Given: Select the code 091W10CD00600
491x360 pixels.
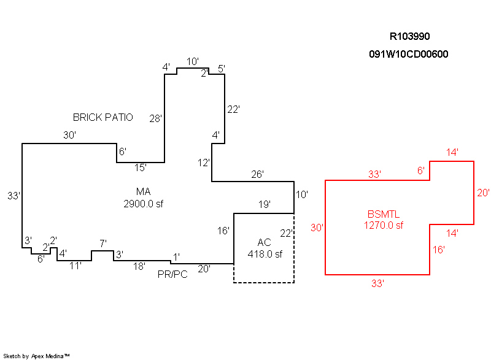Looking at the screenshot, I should click(x=409, y=54).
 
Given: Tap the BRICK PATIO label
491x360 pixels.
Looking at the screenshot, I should click(x=103, y=117).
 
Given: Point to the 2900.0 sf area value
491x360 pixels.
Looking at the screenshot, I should click(x=144, y=203).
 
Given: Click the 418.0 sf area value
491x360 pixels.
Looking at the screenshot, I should click(x=264, y=253).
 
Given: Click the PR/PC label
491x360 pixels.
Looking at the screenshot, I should click(x=172, y=274).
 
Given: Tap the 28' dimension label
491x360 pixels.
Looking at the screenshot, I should click(x=156, y=119).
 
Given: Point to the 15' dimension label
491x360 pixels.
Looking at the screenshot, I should click(x=141, y=167).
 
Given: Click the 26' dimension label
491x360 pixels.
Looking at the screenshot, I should click(x=258, y=175).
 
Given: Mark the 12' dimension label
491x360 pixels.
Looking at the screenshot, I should click(x=204, y=163).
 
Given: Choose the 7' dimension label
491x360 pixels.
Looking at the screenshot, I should click(x=103, y=244).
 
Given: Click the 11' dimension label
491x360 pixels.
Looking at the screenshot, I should click(x=75, y=266).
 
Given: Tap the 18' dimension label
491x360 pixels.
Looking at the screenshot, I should click(x=139, y=266).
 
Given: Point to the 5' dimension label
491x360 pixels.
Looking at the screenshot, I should click(x=222, y=68).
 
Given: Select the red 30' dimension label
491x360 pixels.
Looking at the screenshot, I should click(x=317, y=228).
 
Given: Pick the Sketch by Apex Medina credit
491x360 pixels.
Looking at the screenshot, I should click(x=37, y=356).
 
